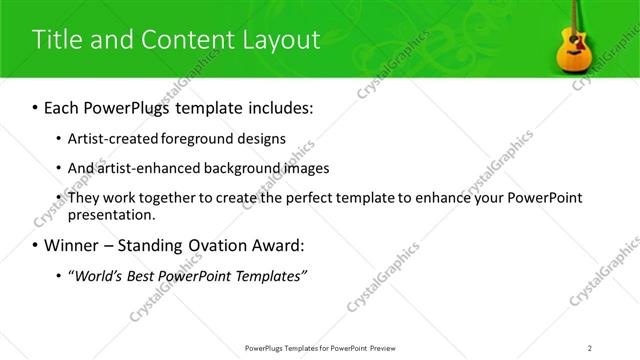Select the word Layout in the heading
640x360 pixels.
click(280, 40)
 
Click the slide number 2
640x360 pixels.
click(590, 347)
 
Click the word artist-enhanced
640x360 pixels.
click(146, 168)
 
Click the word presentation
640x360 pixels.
click(111, 215)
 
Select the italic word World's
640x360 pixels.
click(101, 276)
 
